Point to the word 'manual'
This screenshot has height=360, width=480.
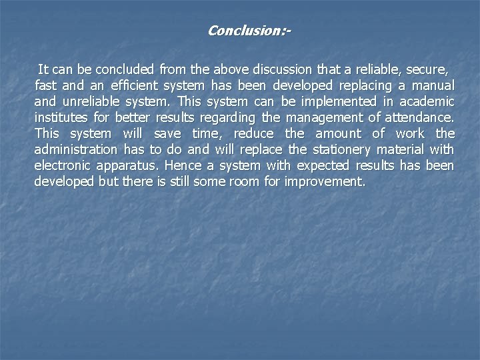coord(433,85)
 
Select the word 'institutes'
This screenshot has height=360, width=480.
coord(59,117)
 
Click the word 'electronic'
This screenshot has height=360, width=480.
coord(63,165)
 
